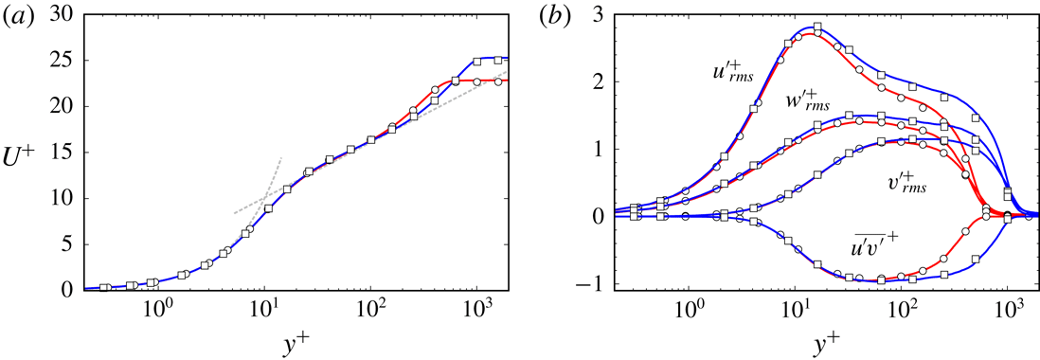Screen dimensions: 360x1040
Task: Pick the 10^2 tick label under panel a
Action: point(369,309)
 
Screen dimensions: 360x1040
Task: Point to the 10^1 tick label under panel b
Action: point(798,309)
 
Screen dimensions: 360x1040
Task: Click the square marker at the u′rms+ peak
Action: point(817,27)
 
